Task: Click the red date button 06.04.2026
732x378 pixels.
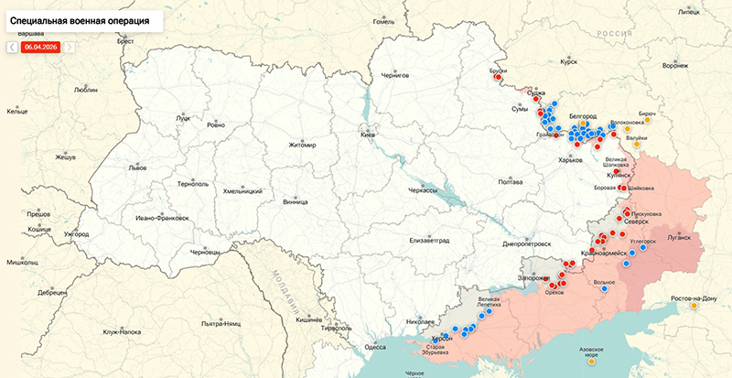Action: coord(40,46)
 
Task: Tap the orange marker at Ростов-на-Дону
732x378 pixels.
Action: coord(694,307)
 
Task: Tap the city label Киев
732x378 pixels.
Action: coord(369,135)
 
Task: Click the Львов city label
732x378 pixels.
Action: coord(137,168)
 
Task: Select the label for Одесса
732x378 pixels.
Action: coord(375,347)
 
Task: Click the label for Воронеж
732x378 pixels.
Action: coord(674,66)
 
